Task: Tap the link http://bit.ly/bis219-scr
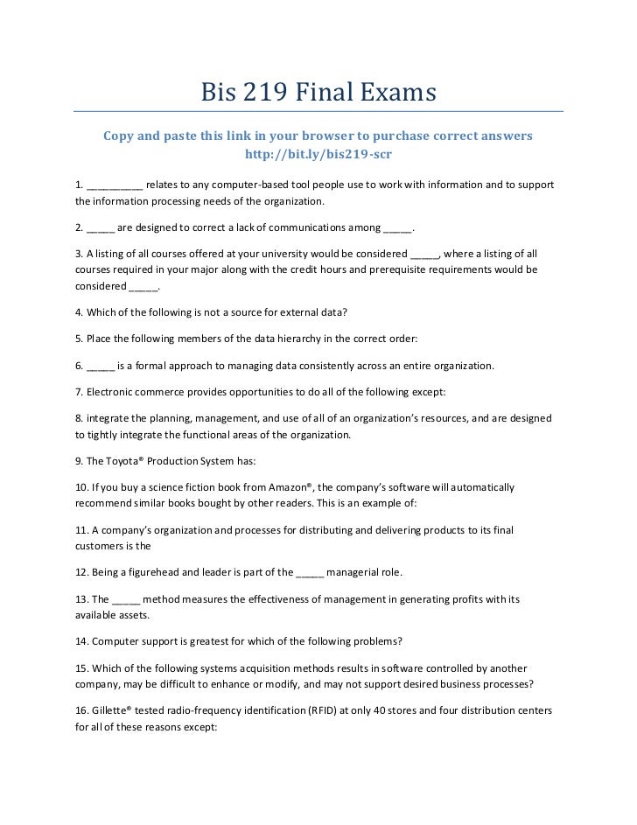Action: (x=318, y=154)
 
